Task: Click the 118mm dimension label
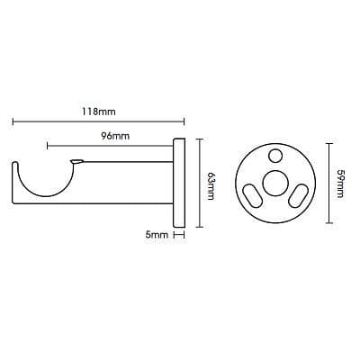[x=99, y=112]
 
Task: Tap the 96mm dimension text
[x=115, y=136]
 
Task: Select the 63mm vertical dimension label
[x=211, y=186]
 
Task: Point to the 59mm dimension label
[x=339, y=184]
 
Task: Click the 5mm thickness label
[x=157, y=235]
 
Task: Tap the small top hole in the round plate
[x=275, y=156]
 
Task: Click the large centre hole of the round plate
[x=274, y=183]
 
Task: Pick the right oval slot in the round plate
[x=299, y=195]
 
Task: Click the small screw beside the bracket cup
[x=76, y=162]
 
